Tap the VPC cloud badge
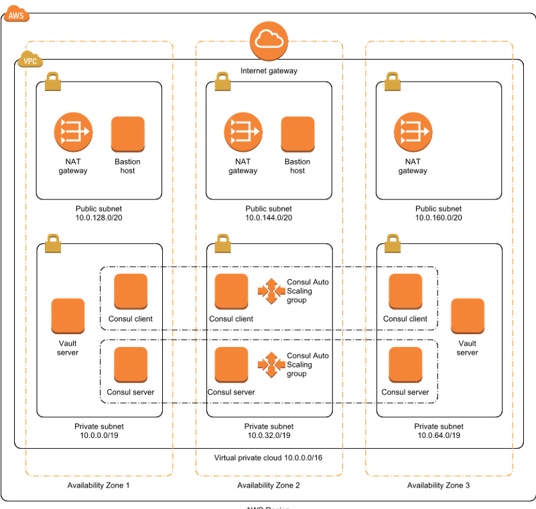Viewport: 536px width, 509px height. click(x=30, y=60)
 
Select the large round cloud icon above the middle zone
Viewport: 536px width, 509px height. click(x=269, y=41)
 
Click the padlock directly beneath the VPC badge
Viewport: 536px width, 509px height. click(x=53, y=82)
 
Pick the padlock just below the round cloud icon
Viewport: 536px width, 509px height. click(x=222, y=82)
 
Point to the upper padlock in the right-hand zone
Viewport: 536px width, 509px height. click(x=393, y=82)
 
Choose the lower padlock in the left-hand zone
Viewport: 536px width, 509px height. click(x=53, y=243)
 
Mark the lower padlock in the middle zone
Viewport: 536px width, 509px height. click(x=222, y=243)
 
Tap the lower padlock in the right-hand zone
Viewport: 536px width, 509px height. click(x=393, y=243)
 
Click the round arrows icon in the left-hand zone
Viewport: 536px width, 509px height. click(x=73, y=131)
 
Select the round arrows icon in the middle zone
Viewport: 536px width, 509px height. click(x=243, y=131)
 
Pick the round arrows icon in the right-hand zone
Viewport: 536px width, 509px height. click(x=413, y=131)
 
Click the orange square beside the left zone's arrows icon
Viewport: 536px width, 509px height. click(x=128, y=134)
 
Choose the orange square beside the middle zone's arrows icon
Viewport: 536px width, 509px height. click(x=297, y=134)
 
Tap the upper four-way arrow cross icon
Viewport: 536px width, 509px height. click(x=271, y=291)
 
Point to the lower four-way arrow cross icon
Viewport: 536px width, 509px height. click(x=271, y=364)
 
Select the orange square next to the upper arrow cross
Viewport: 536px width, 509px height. click(x=231, y=291)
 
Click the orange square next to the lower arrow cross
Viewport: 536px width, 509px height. click(x=231, y=364)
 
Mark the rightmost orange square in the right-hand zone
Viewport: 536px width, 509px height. click(x=468, y=315)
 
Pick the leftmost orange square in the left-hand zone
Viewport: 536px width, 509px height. click(x=68, y=315)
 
